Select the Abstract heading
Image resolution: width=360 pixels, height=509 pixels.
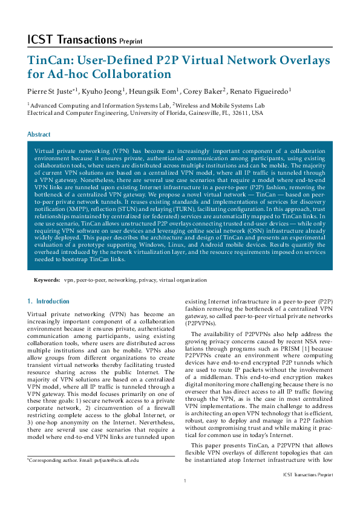point(39,134)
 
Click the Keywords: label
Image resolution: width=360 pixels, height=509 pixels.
point(47,280)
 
